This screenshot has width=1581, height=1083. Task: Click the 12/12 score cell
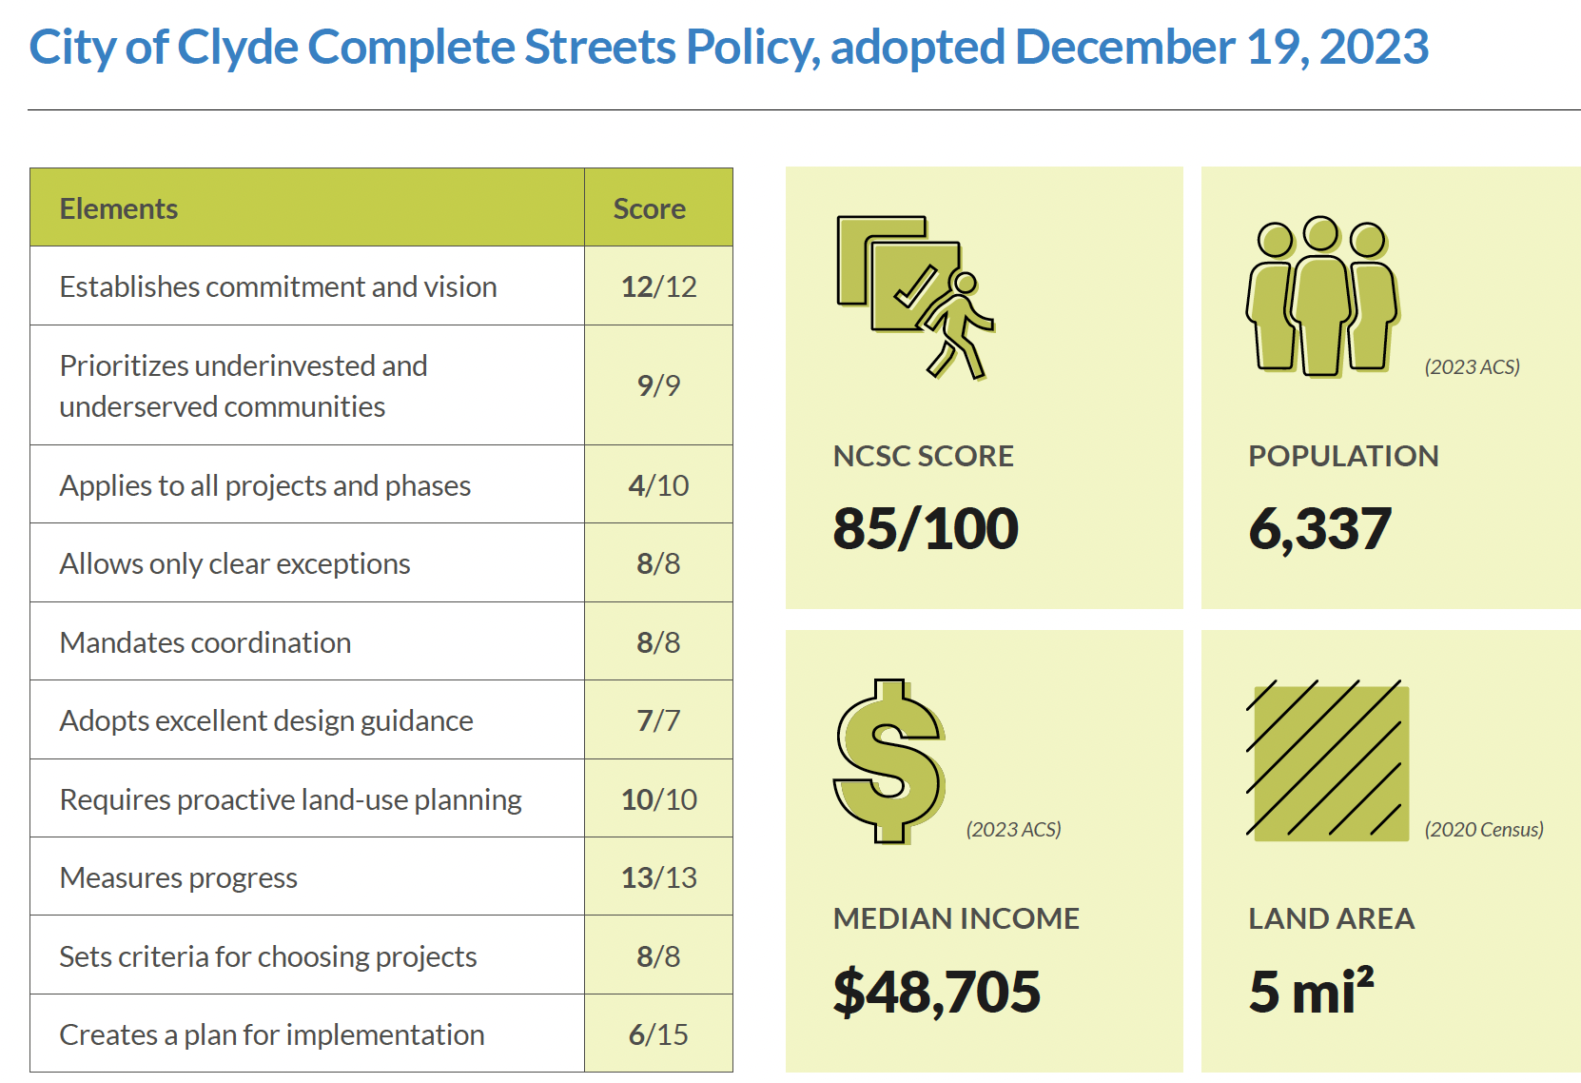tap(658, 286)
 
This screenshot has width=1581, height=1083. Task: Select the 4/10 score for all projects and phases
tap(658, 485)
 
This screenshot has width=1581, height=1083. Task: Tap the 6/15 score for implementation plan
tap(658, 1034)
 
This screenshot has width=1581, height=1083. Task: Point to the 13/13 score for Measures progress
tap(658, 877)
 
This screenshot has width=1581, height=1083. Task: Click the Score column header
tap(649, 208)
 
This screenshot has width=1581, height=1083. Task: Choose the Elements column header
tap(119, 208)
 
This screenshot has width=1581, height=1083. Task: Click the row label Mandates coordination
tap(205, 642)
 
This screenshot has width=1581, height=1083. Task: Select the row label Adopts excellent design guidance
tap(266, 720)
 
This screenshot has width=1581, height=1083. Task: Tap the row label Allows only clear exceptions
tap(235, 563)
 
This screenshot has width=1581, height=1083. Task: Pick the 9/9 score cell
tap(658, 385)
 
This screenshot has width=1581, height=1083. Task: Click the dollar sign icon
tap(888, 761)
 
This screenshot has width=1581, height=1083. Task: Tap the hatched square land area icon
tap(1328, 761)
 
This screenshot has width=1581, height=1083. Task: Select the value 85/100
tap(926, 528)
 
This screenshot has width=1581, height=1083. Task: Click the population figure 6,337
tap(1319, 528)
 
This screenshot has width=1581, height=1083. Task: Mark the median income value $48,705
tap(936, 992)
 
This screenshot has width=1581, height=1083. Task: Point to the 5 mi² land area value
tap(1311, 992)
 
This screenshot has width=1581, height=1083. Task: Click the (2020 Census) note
tap(1483, 829)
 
